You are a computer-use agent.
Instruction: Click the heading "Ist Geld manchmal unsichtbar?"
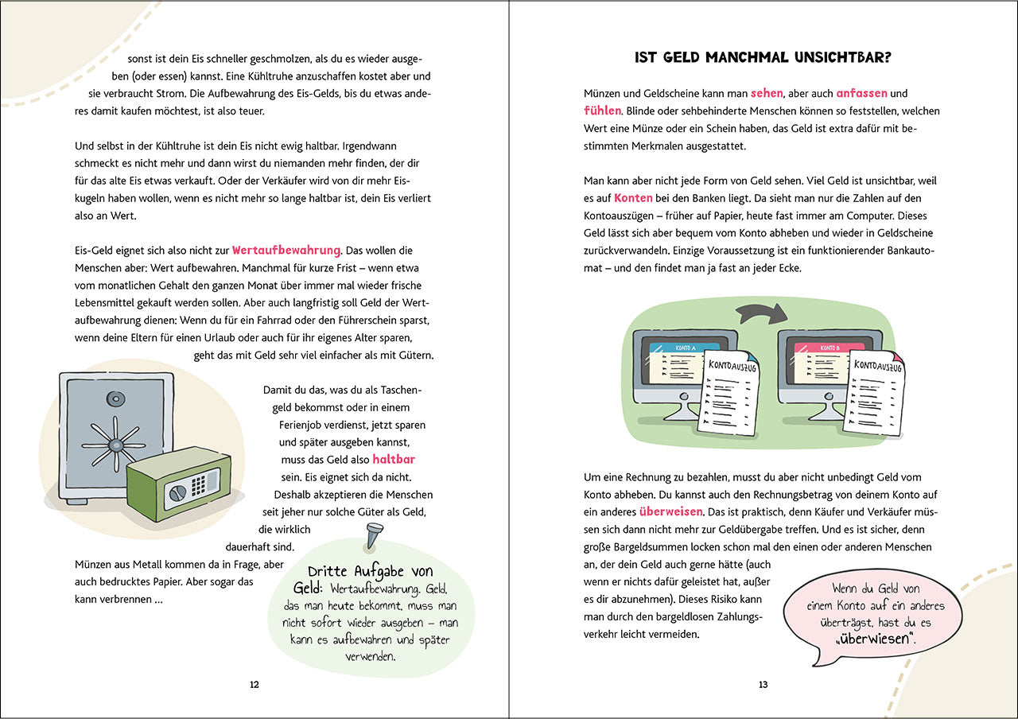[x=763, y=57]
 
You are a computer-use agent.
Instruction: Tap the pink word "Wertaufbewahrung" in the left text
[x=286, y=250]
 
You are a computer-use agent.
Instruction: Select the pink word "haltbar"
[x=394, y=460]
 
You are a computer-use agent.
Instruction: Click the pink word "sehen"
[x=767, y=93]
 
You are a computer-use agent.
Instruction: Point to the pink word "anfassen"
[x=861, y=93]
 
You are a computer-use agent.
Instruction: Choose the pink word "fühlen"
[x=602, y=111]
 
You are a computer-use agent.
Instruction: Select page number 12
[x=254, y=684]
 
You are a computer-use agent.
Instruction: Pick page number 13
[x=763, y=684]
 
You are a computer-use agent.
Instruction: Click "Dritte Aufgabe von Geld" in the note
[x=370, y=579]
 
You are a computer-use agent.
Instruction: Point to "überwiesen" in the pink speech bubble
[x=876, y=639]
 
